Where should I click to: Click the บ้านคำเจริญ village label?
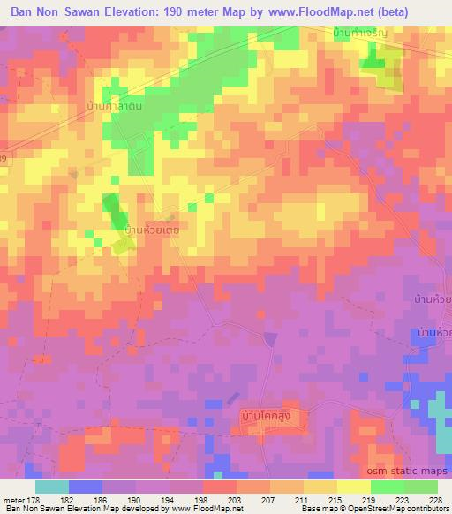tap(361, 33)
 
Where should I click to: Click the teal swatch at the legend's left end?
tap(51, 487)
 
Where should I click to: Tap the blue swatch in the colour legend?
tap(85, 487)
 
